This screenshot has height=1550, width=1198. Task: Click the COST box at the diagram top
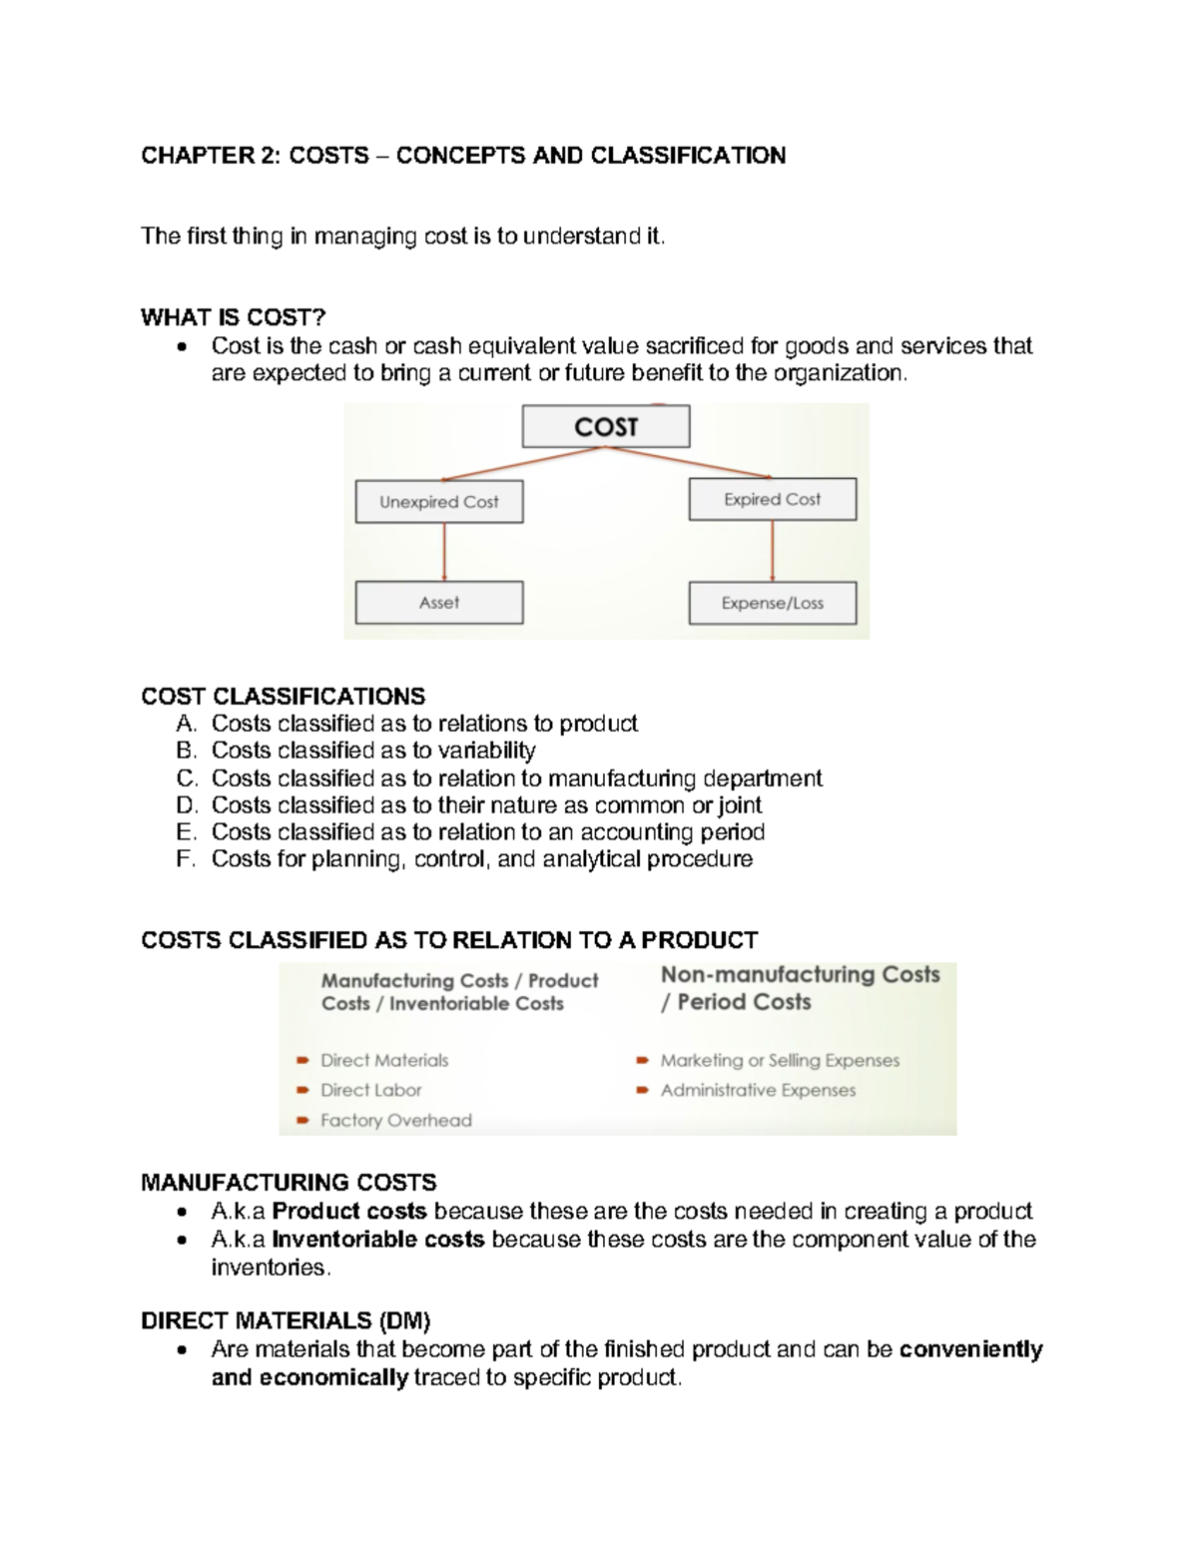pyautogui.click(x=606, y=427)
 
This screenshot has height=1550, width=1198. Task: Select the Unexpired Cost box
pyautogui.click(x=439, y=502)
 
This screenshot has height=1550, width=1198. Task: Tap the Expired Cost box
pyautogui.click(x=772, y=499)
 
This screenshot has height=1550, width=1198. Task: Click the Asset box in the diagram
pyautogui.click(x=439, y=603)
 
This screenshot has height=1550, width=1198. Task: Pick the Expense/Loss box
pyautogui.click(x=772, y=603)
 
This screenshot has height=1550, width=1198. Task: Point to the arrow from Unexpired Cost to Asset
pyautogui.click(x=444, y=552)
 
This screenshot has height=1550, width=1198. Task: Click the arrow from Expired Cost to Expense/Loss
pyautogui.click(x=773, y=551)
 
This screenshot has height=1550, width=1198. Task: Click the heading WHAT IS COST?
pyautogui.click(x=234, y=317)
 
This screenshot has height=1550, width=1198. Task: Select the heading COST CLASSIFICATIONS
pyautogui.click(x=283, y=696)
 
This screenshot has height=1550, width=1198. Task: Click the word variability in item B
pyautogui.click(x=487, y=751)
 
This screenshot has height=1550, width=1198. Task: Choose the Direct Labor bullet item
pyautogui.click(x=370, y=1090)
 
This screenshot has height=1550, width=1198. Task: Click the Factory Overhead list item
pyautogui.click(x=395, y=1120)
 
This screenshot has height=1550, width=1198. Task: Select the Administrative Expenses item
pyautogui.click(x=758, y=1090)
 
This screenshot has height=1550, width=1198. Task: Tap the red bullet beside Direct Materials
pyautogui.click(x=301, y=1061)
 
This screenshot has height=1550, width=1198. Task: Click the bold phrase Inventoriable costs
pyautogui.click(x=378, y=1240)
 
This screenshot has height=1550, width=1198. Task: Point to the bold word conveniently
pyautogui.click(x=970, y=1349)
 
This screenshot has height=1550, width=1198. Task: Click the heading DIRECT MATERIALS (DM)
pyautogui.click(x=286, y=1320)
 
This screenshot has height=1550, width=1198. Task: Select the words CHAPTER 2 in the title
pyautogui.click(x=211, y=156)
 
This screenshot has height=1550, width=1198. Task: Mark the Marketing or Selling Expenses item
pyautogui.click(x=780, y=1060)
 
